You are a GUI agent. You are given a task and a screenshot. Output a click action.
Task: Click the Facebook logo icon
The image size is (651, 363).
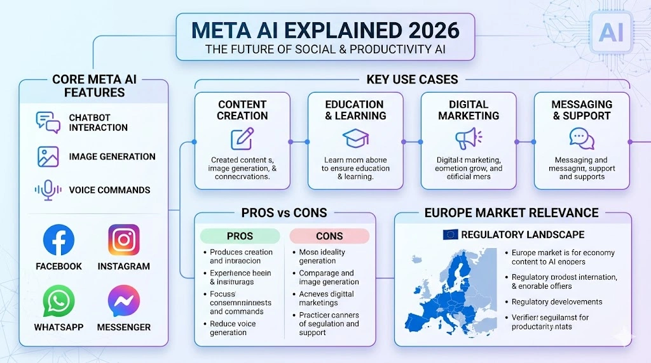(x=58, y=241)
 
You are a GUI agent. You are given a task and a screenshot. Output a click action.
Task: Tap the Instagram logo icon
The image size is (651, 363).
(x=124, y=241)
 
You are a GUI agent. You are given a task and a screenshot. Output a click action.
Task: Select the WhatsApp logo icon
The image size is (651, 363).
(x=58, y=301)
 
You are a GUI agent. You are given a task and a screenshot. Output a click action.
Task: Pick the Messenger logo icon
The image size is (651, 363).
(x=124, y=301)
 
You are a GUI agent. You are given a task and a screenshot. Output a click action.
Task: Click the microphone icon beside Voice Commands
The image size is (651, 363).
(x=48, y=190)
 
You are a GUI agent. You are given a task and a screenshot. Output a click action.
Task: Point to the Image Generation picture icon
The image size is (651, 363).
(x=48, y=157)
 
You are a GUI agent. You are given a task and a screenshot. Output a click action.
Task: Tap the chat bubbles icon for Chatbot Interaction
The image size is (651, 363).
(x=48, y=122)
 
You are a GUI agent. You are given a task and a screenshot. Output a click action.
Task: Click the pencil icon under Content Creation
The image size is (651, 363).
(x=242, y=139)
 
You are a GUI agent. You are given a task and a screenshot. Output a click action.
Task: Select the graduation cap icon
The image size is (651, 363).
(x=355, y=139)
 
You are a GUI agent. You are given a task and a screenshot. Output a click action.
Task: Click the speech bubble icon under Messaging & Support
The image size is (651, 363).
(x=581, y=138)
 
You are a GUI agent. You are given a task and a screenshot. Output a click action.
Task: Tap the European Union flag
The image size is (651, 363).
(x=450, y=235)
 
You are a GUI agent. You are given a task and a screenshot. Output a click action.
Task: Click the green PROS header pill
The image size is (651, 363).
(x=240, y=236)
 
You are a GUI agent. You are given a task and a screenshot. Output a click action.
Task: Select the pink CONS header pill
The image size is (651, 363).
(x=329, y=236)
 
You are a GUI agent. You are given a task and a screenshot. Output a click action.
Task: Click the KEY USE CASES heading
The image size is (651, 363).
(x=412, y=79)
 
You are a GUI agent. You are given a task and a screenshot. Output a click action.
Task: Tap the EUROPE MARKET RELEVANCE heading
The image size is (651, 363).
(x=511, y=213)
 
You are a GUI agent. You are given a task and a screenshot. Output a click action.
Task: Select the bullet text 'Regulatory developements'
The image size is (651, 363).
(x=557, y=302)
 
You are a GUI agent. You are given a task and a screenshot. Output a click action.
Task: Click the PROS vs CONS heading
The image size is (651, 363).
(x=284, y=213)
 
